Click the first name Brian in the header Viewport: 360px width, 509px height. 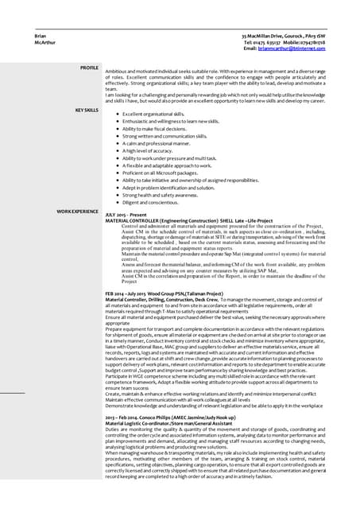click(40, 37)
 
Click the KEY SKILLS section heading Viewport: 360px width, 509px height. click(86, 109)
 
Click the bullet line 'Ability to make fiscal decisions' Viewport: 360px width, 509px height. click(154, 129)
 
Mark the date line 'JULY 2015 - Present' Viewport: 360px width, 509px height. click(128, 215)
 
